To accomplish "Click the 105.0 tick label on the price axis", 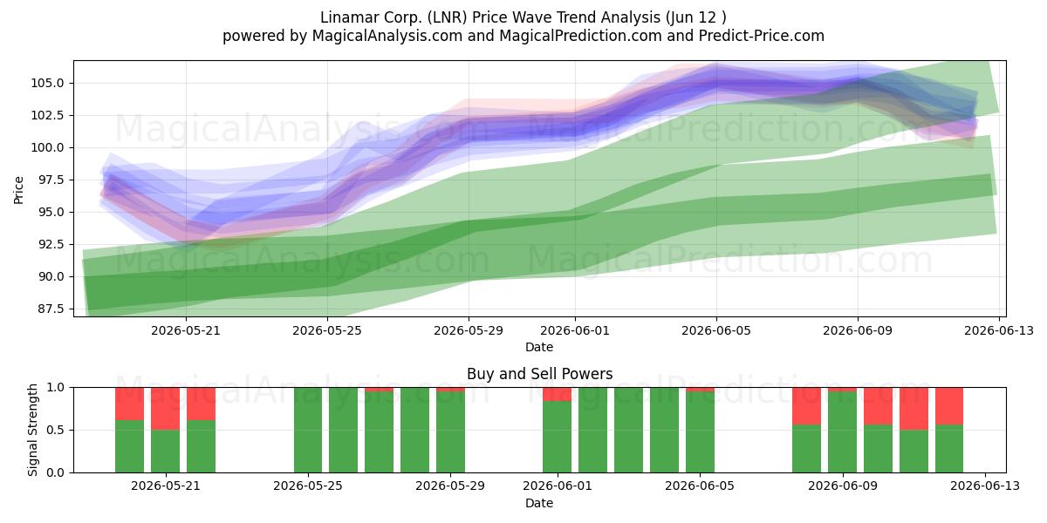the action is tap(46, 83).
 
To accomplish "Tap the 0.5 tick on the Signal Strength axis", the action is tap(56, 430).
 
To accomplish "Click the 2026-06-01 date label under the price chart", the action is tap(575, 330).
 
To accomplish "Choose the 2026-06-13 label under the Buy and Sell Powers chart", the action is tap(985, 486).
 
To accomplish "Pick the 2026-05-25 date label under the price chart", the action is tap(327, 330).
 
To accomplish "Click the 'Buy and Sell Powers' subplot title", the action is tap(539, 374).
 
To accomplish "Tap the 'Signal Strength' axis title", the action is tap(32, 430).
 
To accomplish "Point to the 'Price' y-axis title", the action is tap(18, 190).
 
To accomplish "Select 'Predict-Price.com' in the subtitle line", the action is tap(762, 36).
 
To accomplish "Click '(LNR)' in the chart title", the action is tap(448, 17).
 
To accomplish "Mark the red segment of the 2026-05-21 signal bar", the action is tap(165, 409).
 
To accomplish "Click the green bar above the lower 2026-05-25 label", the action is tap(308, 430).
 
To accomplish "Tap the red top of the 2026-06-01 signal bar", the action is tap(558, 394).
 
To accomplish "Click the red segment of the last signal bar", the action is tap(949, 406).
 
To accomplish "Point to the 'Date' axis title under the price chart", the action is tap(539, 347).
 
